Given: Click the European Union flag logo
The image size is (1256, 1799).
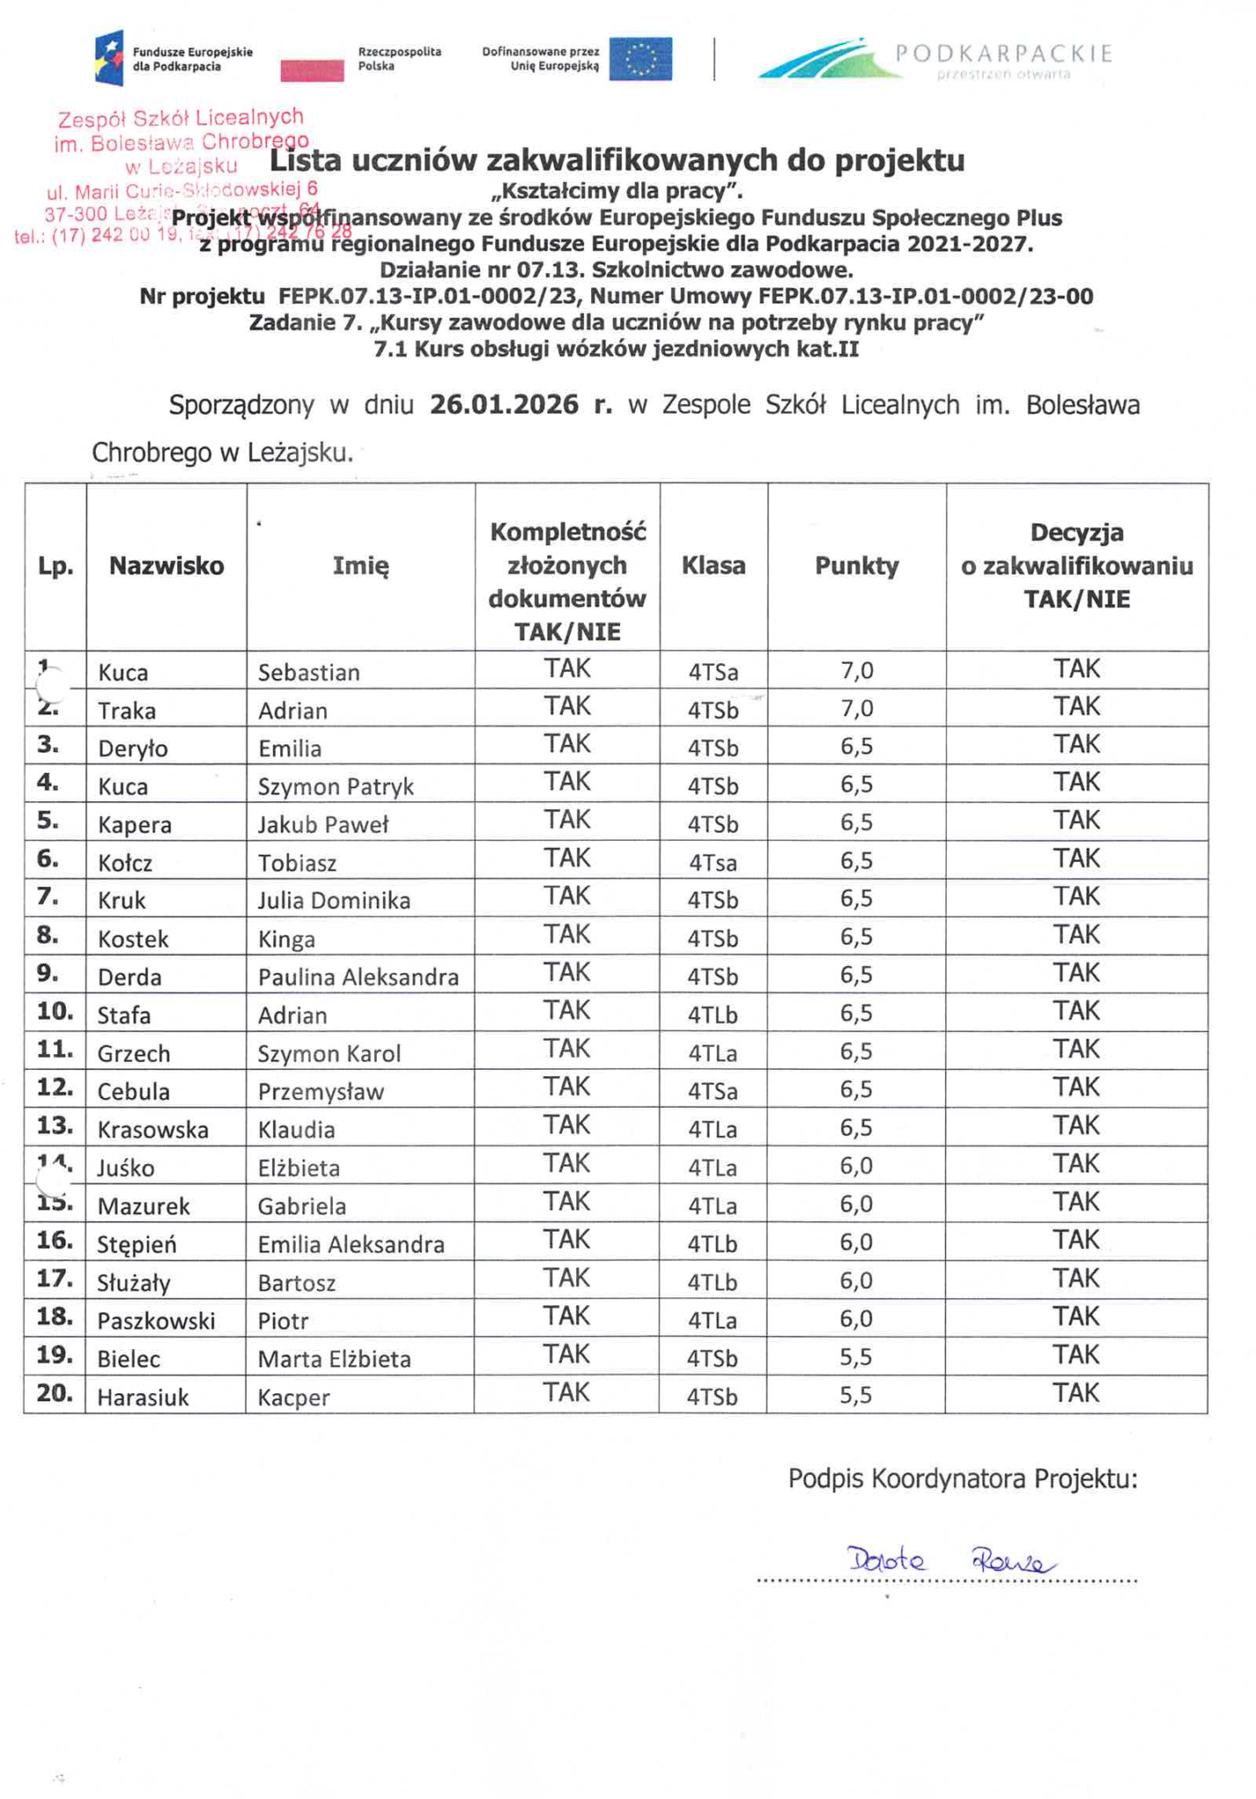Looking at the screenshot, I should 640,60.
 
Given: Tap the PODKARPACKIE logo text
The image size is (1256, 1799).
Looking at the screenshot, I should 1003,54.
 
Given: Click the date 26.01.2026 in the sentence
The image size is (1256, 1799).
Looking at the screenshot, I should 504,405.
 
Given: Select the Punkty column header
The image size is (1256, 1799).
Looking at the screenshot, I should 856,567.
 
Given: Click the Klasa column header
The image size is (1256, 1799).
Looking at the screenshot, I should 713,566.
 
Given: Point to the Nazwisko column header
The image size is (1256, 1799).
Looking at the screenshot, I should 166,567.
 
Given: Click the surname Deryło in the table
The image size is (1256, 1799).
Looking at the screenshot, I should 133,748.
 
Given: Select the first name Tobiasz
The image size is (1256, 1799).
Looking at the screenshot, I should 297,863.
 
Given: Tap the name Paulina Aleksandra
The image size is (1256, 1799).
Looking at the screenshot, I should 358,977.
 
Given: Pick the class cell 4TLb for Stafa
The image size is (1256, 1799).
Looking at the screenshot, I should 712,1015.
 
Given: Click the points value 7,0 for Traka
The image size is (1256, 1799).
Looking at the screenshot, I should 856,708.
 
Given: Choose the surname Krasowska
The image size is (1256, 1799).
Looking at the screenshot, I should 153,1130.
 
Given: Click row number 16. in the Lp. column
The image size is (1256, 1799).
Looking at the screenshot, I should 54,1240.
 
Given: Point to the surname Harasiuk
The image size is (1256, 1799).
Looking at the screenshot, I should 143,1398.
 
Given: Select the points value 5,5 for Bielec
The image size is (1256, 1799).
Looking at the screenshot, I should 856,1357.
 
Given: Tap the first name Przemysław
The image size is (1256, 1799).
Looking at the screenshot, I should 321,1092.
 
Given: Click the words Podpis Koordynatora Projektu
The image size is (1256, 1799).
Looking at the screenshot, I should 962,1479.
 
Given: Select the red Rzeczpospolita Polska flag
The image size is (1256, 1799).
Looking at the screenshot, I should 312,70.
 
